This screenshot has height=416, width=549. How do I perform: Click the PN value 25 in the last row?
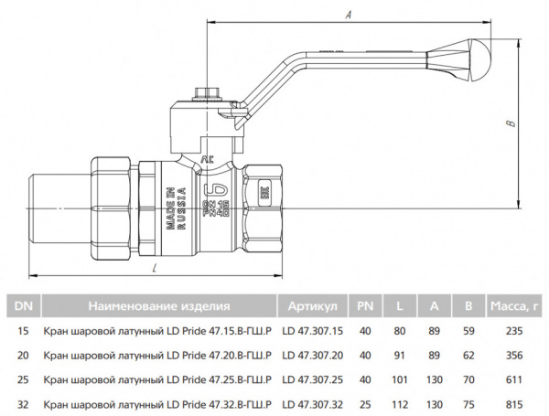[x=365, y=401]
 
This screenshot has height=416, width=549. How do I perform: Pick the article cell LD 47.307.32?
[x=313, y=401]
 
